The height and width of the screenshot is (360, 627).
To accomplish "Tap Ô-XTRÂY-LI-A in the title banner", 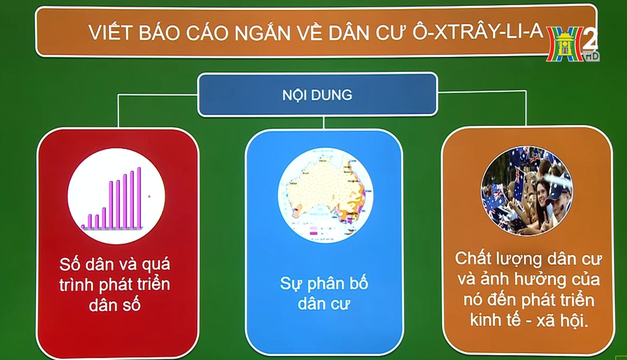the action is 478,32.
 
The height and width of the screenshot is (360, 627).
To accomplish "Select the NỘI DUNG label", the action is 317,95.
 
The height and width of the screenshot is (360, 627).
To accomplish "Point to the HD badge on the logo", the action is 591,56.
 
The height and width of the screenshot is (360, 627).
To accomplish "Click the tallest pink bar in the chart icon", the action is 139,197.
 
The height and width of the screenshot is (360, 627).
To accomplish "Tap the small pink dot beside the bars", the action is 149,196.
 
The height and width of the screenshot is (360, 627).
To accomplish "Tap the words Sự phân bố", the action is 324,284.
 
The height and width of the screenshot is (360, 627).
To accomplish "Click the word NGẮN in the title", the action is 262,33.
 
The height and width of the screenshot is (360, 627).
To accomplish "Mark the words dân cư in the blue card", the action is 323,304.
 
